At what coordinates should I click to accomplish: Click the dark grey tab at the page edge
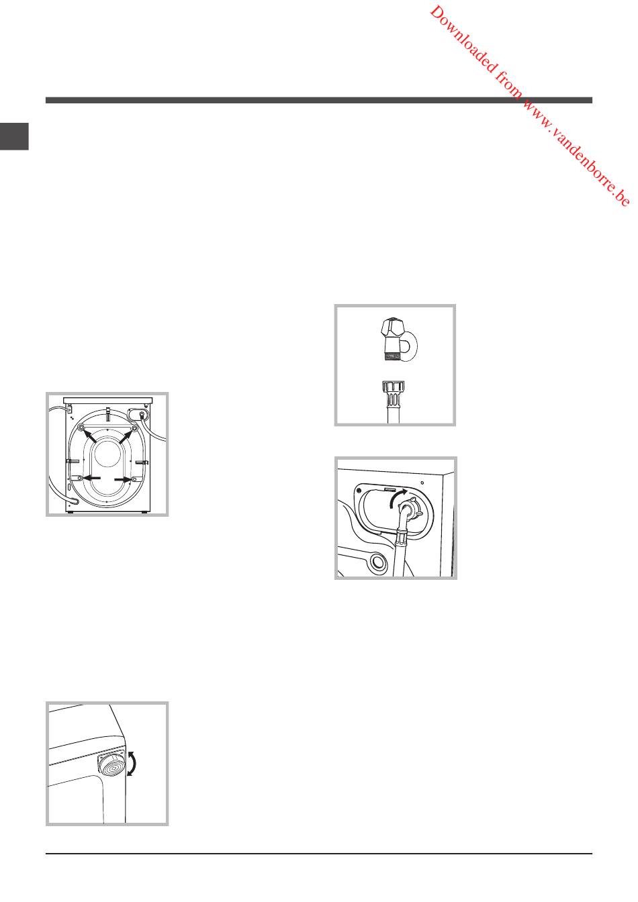[x=14, y=136]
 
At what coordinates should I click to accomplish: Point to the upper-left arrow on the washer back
[x=89, y=436]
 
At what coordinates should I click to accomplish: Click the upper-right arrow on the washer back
[x=126, y=436]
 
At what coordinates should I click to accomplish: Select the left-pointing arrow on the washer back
[x=92, y=478]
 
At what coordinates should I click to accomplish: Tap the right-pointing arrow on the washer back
[x=123, y=479]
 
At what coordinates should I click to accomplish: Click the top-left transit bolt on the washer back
[x=81, y=428]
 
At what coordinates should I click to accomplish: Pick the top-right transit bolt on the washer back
[x=134, y=428]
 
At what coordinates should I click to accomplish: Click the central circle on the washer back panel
[x=108, y=454]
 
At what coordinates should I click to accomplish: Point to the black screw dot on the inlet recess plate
[x=359, y=491]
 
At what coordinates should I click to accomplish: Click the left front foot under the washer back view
[x=71, y=513]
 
